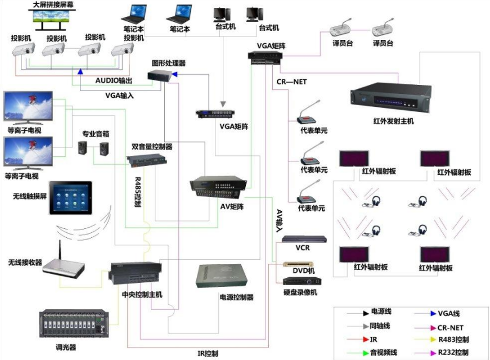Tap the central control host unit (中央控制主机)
(135, 275)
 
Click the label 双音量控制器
(152, 147)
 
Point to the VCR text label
(302, 247)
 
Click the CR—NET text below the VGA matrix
(291, 82)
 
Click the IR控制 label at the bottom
(208, 353)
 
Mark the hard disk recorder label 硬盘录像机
(300, 292)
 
